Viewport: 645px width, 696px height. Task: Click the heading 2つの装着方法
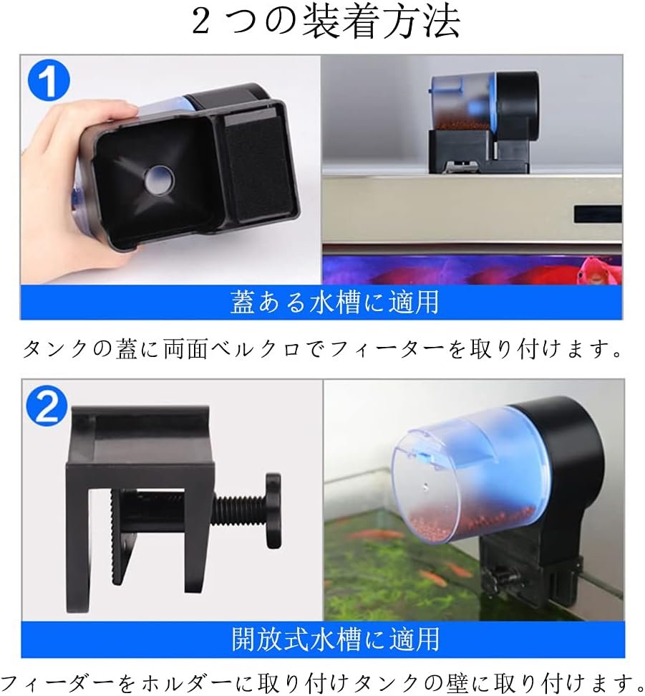coord(326,22)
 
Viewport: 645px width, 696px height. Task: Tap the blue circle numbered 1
coord(49,81)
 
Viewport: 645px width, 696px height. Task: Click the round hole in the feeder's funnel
coord(158,182)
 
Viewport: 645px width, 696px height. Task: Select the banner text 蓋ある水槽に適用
coord(335,302)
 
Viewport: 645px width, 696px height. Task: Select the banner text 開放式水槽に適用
coord(336,639)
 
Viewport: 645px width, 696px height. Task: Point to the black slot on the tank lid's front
coord(598,214)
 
